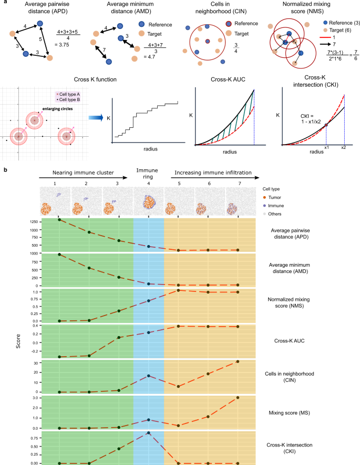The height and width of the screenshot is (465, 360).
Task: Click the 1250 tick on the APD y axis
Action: click(x=32, y=220)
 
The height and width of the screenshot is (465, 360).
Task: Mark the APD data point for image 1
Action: click(x=59, y=220)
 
